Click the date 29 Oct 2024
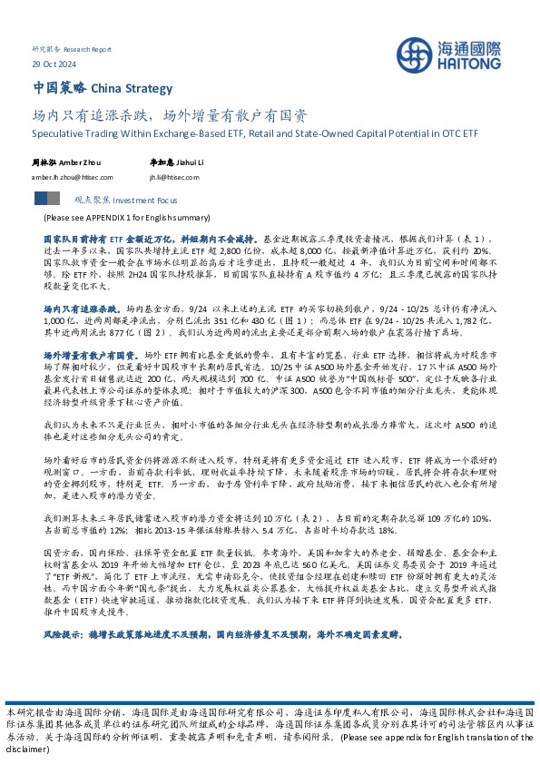pyautogui.click(x=50, y=64)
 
